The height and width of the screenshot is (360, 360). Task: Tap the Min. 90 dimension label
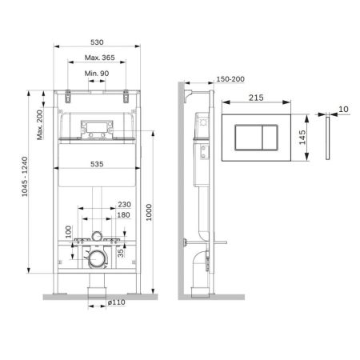(x=96, y=74)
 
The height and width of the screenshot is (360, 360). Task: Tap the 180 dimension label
(x=124, y=215)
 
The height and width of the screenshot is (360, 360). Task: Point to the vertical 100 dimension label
(x=68, y=230)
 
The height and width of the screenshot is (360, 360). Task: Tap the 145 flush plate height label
(x=302, y=137)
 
